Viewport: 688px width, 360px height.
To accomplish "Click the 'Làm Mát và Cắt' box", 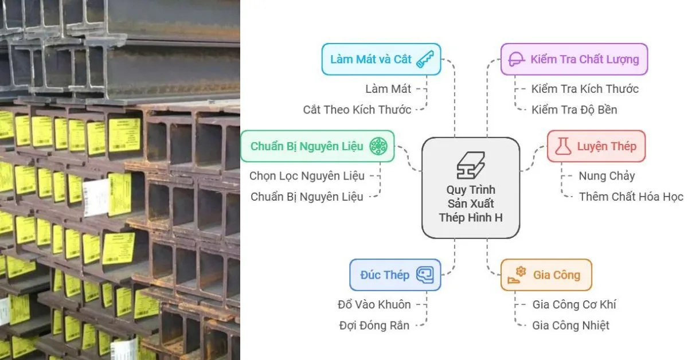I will pyautogui.click(x=381, y=59).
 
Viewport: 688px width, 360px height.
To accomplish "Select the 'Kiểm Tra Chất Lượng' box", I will pyautogui.click(x=574, y=59).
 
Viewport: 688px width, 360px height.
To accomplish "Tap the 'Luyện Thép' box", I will pyautogui.click(x=596, y=146).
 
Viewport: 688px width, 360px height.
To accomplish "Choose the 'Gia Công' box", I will pyautogui.click(x=546, y=275).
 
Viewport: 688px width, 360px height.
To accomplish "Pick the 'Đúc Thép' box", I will pyautogui.click(x=395, y=275).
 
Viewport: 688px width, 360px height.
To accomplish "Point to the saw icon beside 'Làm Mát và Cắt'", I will pyautogui.click(x=425, y=59).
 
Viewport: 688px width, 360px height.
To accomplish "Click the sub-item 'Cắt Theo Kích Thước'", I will pyautogui.click(x=357, y=109).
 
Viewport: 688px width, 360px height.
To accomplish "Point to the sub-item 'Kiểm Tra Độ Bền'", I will pyautogui.click(x=574, y=109).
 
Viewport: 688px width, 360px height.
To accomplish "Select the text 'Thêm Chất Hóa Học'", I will pyautogui.click(x=631, y=197).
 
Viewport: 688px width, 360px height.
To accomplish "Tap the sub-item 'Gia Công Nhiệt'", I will pyautogui.click(x=570, y=326).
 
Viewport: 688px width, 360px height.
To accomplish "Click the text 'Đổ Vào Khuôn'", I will pyautogui.click(x=374, y=304).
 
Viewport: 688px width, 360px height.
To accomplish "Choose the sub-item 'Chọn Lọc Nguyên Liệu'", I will pyautogui.click(x=306, y=176).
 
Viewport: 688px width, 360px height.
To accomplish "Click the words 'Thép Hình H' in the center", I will pyautogui.click(x=471, y=217).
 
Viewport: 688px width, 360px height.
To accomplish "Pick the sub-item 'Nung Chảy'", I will pyautogui.click(x=607, y=176).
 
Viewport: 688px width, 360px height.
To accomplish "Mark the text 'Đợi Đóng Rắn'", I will pyautogui.click(x=374, y=326).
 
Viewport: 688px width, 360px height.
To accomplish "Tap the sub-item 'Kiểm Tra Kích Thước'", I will pyautogui.click(x=585, y=89).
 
